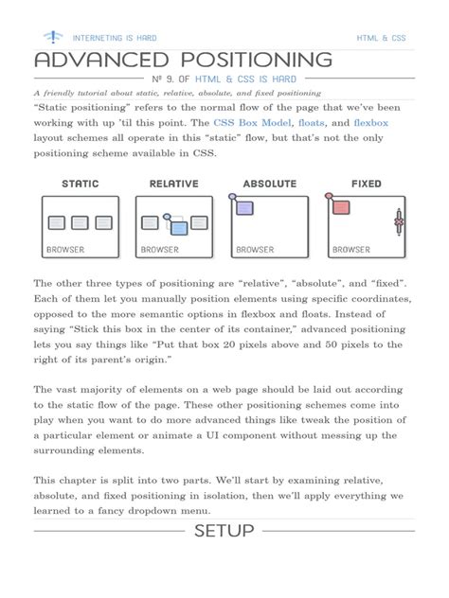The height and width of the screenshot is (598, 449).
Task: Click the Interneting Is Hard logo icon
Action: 52,37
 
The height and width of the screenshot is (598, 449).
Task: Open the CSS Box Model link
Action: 253,123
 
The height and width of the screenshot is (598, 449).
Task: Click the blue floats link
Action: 314,123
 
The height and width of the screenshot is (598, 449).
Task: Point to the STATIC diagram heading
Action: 81,184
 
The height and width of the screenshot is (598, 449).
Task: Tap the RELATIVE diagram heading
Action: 174,184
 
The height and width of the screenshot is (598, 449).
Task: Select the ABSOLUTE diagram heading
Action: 270,184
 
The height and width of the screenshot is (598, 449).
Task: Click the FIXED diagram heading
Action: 366,184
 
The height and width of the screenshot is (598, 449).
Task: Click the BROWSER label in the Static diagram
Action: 65,250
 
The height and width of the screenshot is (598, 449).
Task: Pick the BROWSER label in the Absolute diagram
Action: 256,250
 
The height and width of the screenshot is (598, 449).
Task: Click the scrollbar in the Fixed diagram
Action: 399,224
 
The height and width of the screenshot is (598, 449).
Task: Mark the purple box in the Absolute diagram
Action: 244,206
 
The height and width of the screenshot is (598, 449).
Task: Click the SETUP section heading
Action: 224,531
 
